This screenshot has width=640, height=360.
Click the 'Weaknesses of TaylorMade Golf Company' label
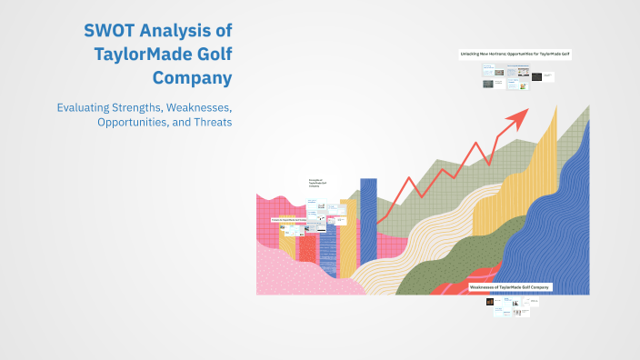click(x=509, y=286)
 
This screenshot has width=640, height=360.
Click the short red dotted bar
click(x=307, y=247)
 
